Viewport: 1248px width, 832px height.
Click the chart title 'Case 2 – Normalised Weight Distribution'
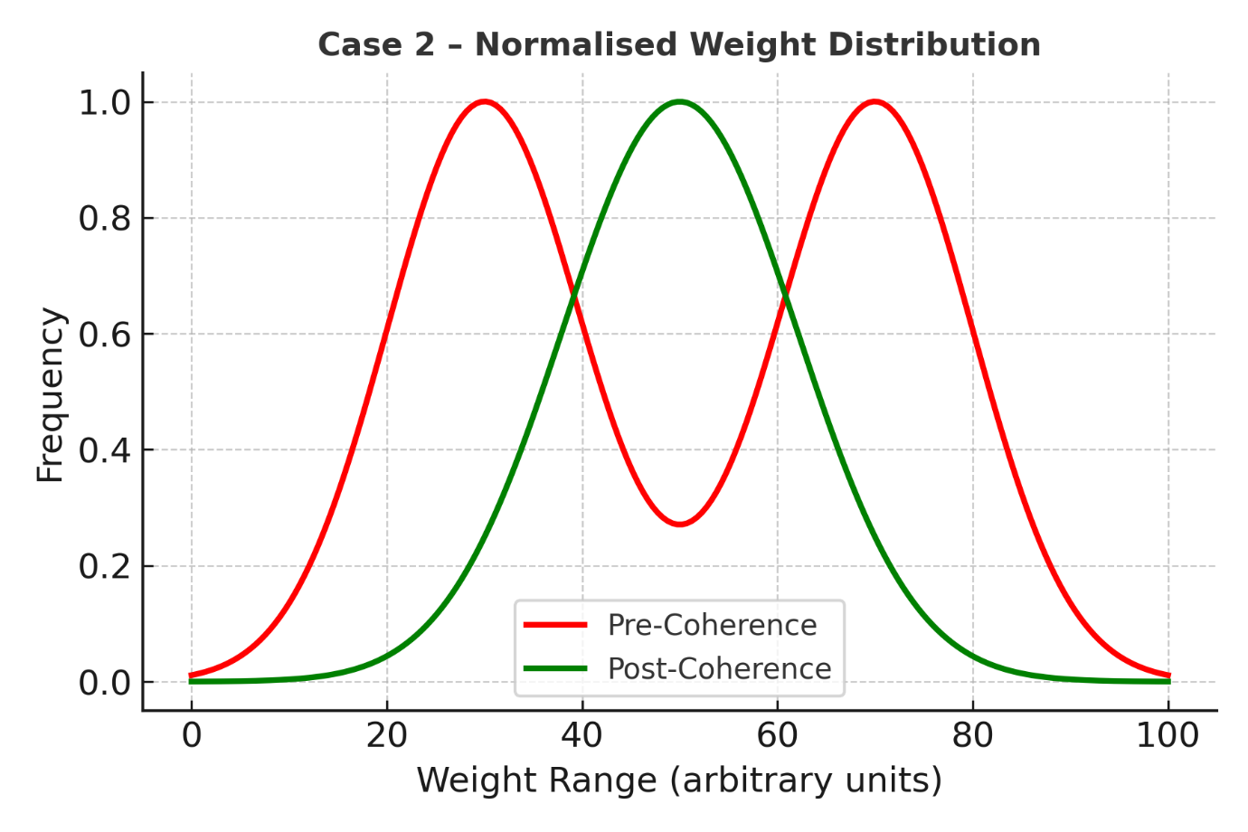point(679,44)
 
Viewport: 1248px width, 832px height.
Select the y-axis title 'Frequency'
point(51,395)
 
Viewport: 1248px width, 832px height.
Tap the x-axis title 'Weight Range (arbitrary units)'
point(679,780)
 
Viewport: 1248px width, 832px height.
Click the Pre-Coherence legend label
point(712,625)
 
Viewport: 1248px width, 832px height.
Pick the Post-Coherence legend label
point(719,668)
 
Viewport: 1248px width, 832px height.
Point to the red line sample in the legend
point(555,625)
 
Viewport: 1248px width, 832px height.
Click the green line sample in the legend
point(555,669)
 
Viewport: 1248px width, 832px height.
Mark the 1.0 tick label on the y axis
point(105,102)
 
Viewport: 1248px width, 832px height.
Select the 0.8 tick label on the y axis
point(105,218)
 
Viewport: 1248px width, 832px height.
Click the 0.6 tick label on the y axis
point(105,335)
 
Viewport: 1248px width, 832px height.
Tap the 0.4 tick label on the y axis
point(105,450)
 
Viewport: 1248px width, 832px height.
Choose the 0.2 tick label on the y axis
point(105,566)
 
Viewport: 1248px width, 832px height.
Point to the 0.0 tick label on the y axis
point(105,682)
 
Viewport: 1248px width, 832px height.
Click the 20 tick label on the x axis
point(387,735)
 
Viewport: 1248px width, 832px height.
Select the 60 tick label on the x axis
point(778,735)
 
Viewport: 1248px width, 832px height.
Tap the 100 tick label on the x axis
point(1168,735)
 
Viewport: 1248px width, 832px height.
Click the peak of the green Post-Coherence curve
point(679,101)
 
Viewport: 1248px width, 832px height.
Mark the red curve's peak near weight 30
point(485,101)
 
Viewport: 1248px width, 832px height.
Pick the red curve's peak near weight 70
point(875,101)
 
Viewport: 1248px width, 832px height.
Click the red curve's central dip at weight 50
point(679,524)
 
